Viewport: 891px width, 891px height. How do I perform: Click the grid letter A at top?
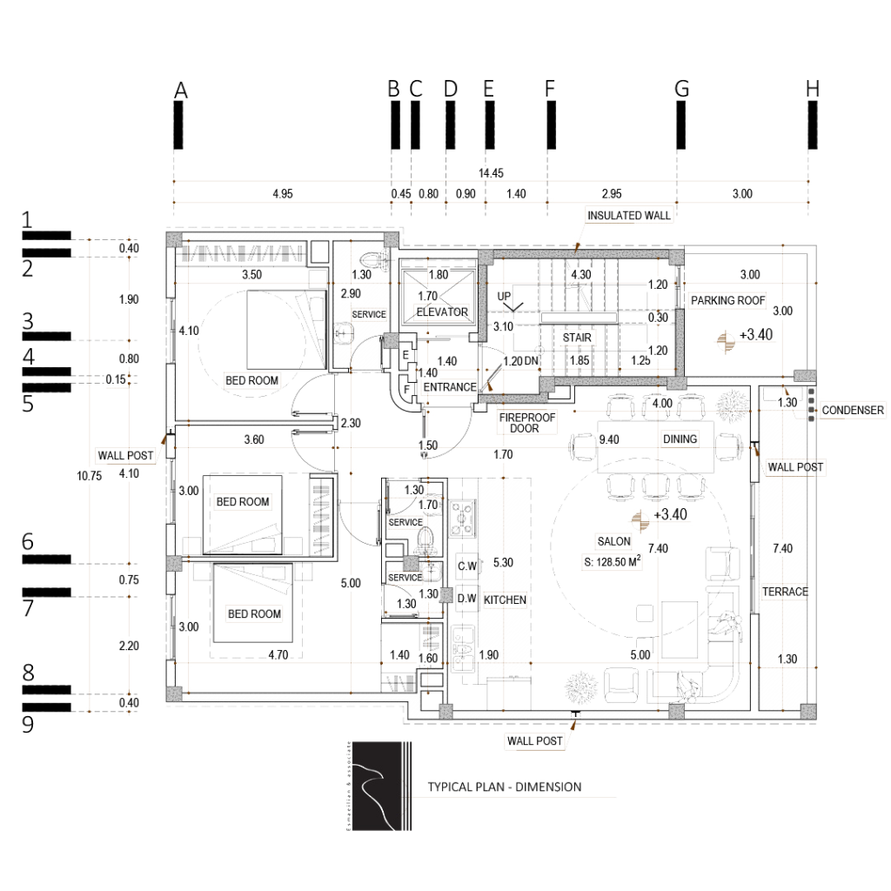point(181,89)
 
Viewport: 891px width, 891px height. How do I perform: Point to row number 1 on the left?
point(28,220)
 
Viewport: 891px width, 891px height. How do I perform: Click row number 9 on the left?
point(28,724)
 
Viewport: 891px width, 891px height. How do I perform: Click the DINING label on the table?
point(679,440)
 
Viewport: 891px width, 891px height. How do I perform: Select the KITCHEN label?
point(504,600)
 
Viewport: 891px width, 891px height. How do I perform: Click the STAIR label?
point(578,336)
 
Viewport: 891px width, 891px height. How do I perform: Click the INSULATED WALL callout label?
point(632,214)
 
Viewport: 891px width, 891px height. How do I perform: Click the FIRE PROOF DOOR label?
point(526,422)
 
